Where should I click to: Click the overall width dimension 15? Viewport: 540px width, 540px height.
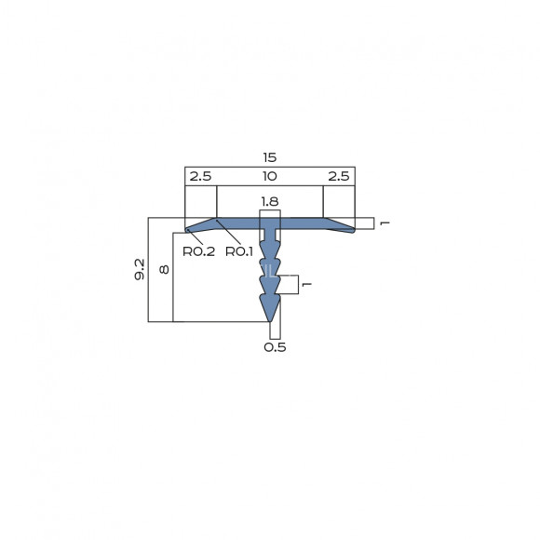270,157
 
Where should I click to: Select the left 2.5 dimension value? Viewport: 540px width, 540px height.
200,176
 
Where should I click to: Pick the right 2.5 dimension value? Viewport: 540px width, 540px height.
339,176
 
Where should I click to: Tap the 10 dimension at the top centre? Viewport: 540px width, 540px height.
270,176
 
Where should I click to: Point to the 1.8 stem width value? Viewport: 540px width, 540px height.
270,201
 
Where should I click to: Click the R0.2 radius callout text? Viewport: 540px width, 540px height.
198,251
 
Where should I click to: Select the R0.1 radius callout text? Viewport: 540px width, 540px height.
239,251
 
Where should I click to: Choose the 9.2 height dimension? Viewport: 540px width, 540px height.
140,269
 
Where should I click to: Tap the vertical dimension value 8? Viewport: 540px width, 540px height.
164,269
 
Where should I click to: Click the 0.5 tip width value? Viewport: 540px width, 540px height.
275,347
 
